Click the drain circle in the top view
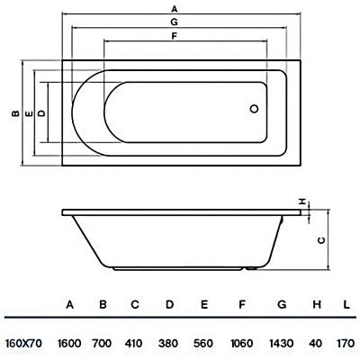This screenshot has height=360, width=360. [x=255, y=109]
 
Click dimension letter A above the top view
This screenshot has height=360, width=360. [x=175, y=9]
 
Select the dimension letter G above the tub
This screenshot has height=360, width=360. [x=174, y=22]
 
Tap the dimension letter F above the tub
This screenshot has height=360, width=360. [x=174, y=36]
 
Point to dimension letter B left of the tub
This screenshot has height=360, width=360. [x=15, y=113]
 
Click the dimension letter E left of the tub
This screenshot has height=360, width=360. [x=29, y=113]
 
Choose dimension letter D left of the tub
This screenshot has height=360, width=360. [x=42, y=113]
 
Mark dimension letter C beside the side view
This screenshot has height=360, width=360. [x=321, y=240]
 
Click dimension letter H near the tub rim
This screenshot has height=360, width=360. [x=303, y=202]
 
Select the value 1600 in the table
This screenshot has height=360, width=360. [x=69, y=343]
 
